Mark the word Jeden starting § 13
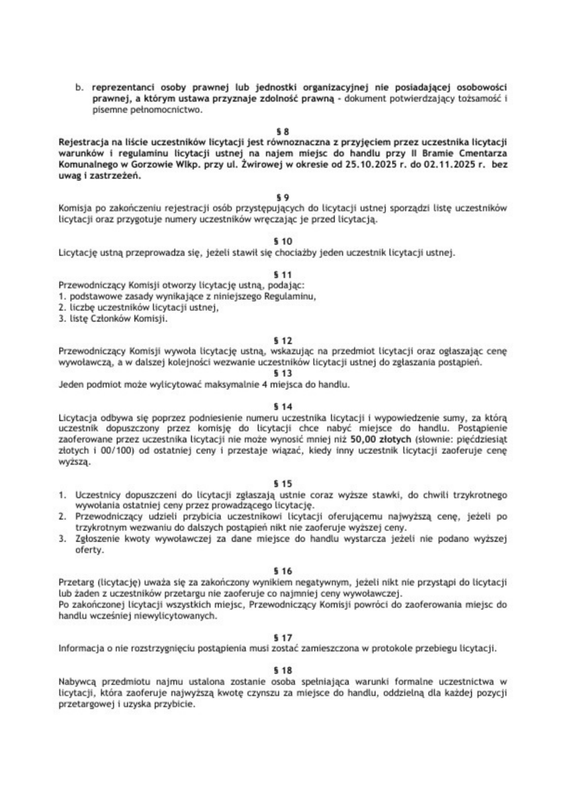coord(71,384)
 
